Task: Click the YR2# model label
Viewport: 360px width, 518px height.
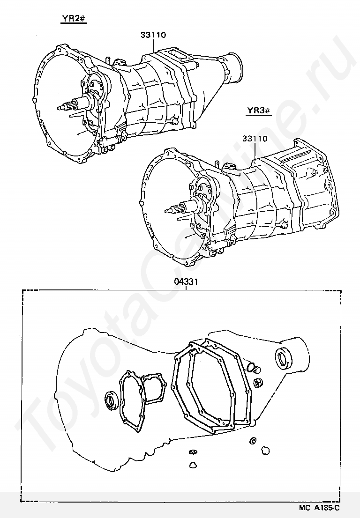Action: tap(73, 19)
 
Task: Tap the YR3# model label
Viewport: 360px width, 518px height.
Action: tap(258, 110)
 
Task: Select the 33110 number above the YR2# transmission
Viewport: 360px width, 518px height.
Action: tap(153, 35)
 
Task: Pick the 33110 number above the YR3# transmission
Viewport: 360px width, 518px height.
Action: tap(255, 139)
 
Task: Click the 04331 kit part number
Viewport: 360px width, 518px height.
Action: tap(186, 282)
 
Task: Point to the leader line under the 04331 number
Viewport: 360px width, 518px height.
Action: tap(186, 288)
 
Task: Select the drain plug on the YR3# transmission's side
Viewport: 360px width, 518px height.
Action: tap(283, 225)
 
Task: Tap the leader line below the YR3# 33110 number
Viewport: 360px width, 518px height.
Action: tap(255, 151)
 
